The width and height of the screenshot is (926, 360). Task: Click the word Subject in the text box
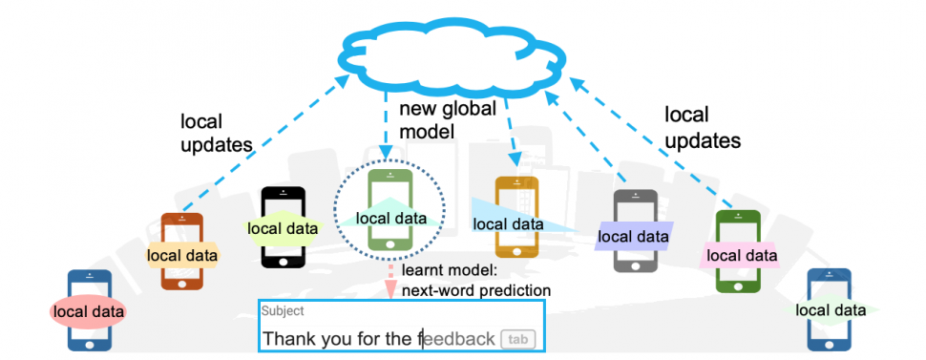(x=283, y=310)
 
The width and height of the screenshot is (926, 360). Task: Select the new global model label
(x=447, y=120)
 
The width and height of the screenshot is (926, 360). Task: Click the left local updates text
(x=215, y=134)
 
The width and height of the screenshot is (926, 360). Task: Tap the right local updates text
(x=702, y=129)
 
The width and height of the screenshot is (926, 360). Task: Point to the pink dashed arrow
(x=389, y=283)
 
